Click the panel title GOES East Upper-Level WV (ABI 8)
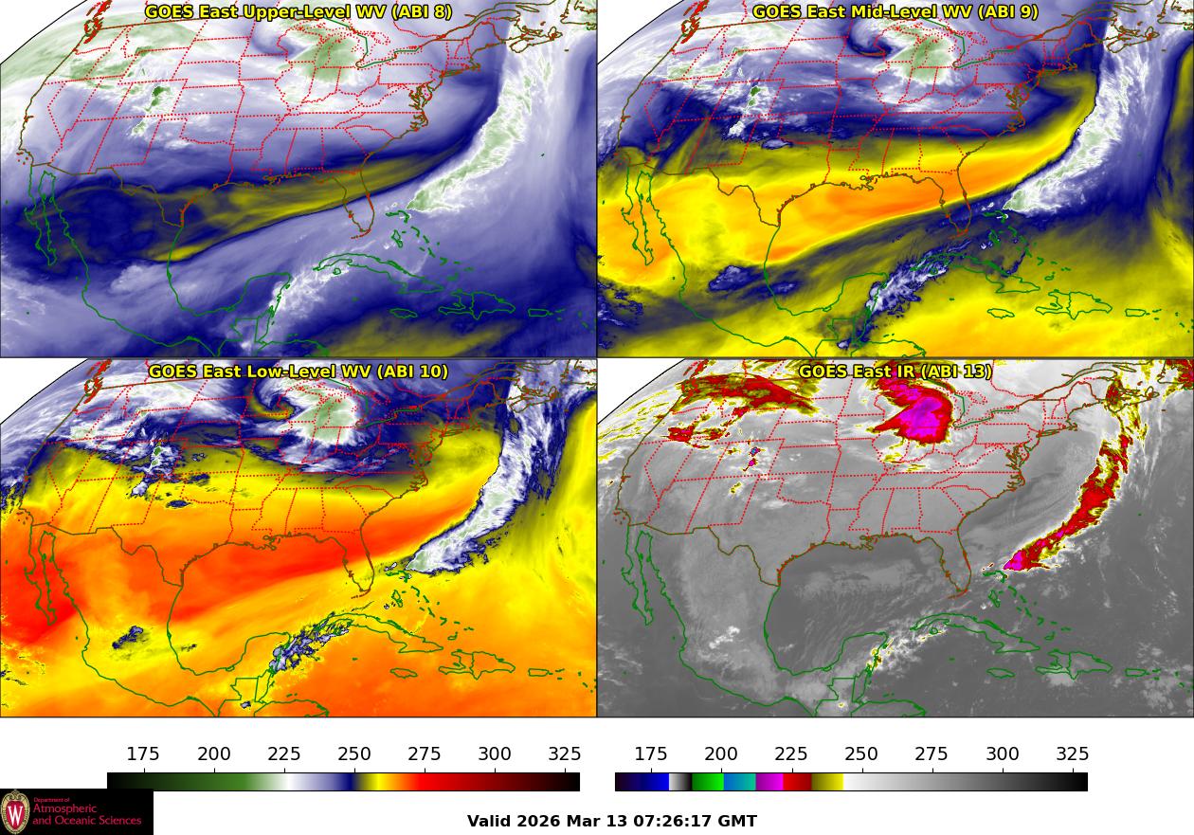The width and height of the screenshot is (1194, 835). point(298,12)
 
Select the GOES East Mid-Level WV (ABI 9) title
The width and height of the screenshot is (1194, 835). point(895,12)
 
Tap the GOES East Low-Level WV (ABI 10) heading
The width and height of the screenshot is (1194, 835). point(298,372)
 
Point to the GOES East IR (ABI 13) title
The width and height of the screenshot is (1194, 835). point(895,372)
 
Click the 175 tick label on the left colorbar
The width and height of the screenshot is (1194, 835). point(143,754)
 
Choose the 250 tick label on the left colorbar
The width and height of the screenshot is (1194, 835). point(354,754)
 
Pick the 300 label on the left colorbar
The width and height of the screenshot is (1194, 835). point(495,754)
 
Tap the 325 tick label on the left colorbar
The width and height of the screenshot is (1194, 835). point(565,754)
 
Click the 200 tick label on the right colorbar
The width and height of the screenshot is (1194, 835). point(721,754)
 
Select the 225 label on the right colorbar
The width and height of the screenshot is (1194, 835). point(791,754)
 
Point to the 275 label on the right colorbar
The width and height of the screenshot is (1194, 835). point(932,754)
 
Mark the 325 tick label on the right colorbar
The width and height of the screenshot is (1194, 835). point(1073,754)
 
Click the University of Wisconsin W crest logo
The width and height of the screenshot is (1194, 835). point(15,812)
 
